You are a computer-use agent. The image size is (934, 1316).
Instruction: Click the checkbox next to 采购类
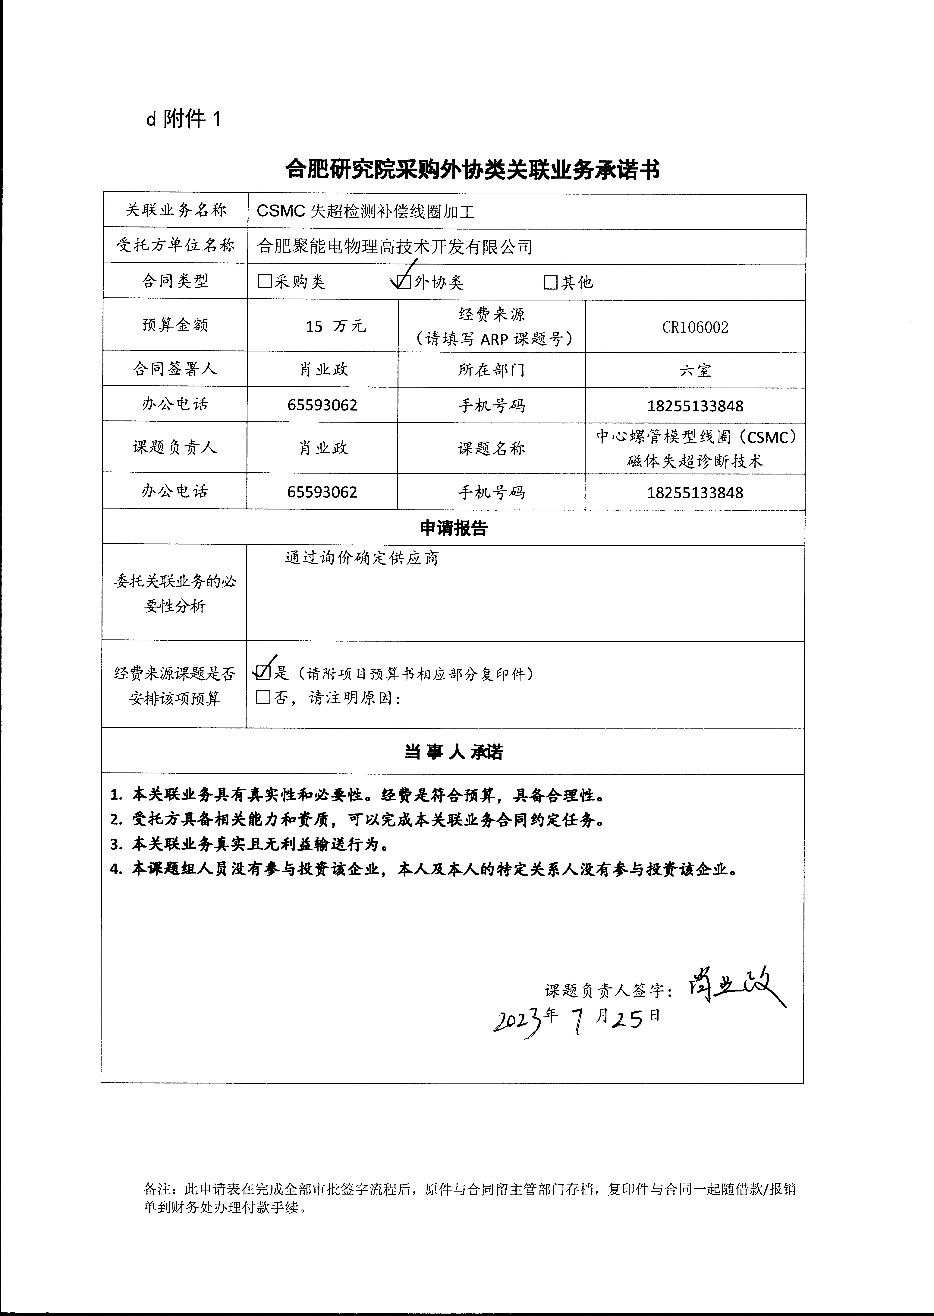click(265, 281)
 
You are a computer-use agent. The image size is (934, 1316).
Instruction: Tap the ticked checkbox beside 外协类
click(404, 281)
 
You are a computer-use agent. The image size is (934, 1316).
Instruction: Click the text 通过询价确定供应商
click(362, 558)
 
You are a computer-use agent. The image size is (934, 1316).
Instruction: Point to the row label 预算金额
click(175, 325)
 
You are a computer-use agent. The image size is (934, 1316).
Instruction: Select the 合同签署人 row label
click(175, 369)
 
